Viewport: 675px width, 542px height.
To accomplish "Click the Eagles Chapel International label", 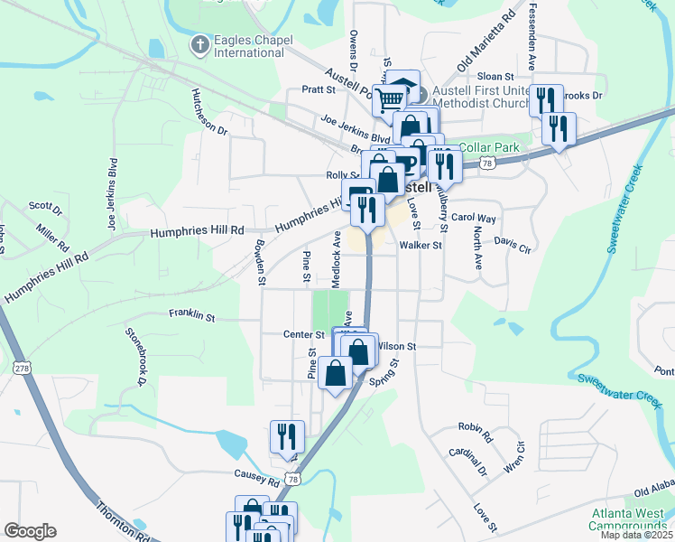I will [x=248, y=46].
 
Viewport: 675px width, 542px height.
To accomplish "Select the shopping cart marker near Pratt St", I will [x=390, y=99].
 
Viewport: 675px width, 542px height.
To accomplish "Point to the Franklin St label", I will [x=191, y=316].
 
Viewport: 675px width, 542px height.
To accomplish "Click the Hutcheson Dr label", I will [x=209, y=111].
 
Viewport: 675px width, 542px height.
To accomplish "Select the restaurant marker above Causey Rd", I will [x=286, y=436].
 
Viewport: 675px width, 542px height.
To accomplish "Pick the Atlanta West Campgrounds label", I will [x=626, y=519].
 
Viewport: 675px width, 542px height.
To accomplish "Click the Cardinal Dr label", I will [x=469, y=462].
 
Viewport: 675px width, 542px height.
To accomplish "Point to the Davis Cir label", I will [x=513, y=244].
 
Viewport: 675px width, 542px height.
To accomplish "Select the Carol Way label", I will [x=474, y=218].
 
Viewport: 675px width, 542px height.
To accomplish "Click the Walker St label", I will [x=421, y=245].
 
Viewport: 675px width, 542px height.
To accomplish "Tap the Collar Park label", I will [x=488, y=147].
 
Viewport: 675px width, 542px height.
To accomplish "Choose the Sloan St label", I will [x=495, y=78].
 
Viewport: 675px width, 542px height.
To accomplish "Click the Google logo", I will [x=30, y=531].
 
